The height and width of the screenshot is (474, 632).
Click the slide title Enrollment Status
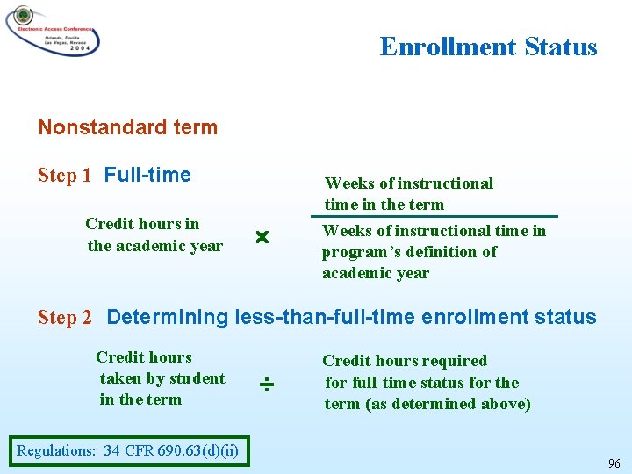click(488, 47)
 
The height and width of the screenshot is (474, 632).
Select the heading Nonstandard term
click(127, 127)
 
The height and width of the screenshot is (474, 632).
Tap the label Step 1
click(64, 176)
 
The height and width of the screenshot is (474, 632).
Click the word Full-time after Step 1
click(147, 175)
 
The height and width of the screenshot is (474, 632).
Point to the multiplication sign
click(261, 238)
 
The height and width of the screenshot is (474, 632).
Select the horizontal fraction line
click(440, 216)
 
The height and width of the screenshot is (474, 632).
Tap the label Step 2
click(64, 318)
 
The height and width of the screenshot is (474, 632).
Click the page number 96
click(614, 463)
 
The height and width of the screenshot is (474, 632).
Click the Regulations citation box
click(127, 451)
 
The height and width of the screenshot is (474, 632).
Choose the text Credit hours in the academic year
click(154, 234)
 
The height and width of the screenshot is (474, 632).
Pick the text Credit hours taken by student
click(161, 377)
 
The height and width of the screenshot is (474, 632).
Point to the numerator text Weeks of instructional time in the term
click(408, 194)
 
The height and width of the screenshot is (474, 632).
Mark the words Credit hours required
click(405, 361)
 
